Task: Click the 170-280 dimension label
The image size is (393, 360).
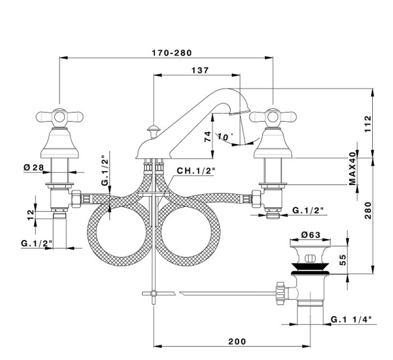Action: coord(172,53)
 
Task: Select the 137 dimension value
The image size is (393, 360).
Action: coord(200,70)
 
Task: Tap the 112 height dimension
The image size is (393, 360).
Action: coord(367,124)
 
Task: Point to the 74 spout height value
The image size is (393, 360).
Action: coord(208,137)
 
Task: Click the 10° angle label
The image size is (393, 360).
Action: coord(225,137)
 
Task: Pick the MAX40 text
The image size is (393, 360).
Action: coord(353,168)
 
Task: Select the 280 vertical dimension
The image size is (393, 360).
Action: coord(368,210)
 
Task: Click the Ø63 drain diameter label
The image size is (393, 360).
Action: coord(311,234)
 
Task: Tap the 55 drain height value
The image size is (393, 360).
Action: coord(342,260)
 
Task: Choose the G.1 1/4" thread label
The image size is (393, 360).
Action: coord(351,320)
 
